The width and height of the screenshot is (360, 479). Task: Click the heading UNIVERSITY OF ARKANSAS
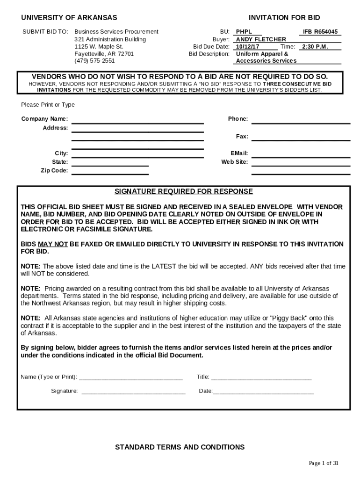tap(69, 18)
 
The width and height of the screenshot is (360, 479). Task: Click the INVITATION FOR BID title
tap(284, 18)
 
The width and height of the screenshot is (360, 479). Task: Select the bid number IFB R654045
tap(320, 32)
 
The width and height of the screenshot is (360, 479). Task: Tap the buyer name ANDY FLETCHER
tap(261, 39)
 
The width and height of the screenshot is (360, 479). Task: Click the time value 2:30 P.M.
tap(315, 47)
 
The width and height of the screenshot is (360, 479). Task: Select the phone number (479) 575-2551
tap(94, 61)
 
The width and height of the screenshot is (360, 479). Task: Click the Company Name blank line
tap(137, 123)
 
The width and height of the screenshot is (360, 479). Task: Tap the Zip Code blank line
tap(110, 174)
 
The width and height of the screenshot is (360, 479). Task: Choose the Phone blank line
tap(301, 123)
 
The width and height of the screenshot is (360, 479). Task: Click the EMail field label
tap(239, 153)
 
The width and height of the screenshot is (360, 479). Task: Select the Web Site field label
tap(234, 162)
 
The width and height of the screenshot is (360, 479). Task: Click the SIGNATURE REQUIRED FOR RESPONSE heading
tap(184, 191)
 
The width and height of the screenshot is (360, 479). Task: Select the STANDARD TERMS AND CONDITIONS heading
tap(180, 447)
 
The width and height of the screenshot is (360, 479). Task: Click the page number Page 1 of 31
tap(323, 463)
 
